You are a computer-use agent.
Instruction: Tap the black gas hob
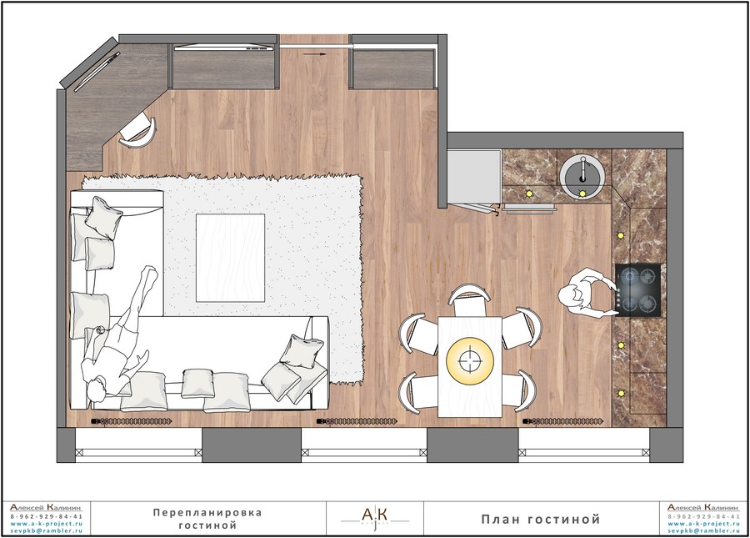point(638,290)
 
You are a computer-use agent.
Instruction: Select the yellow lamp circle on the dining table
point(470,360)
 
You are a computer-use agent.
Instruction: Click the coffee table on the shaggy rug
point(230,258)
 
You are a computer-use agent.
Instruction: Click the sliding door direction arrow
point(315,54)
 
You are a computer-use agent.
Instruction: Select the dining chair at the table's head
point(469,300)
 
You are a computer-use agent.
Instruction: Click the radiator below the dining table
point(562,422)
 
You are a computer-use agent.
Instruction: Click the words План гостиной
point(541,520)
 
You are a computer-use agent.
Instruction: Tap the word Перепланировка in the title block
point(207,513)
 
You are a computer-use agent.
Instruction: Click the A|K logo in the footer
point(375,518)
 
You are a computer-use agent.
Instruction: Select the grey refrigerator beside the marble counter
point(474,176)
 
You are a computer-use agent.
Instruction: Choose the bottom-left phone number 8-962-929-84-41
point(47,517)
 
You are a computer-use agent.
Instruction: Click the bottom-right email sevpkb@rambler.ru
point(703,530)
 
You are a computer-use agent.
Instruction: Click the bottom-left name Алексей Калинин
point(47,507)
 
